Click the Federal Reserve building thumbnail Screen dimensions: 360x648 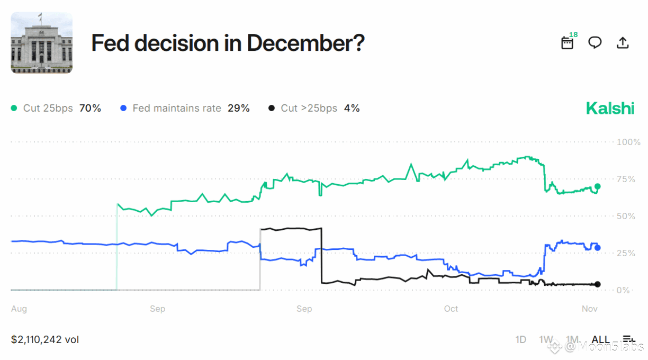(x=41, y=43)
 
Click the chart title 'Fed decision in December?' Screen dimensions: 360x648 (x=228, y=43)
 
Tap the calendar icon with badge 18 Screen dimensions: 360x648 (x=567, y=43)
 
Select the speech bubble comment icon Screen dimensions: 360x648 (x=595, y=43)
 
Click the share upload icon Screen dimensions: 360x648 (x=623, y=43)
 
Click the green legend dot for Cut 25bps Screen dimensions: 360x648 (x=14, y=109)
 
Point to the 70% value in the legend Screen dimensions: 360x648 (x=90, y=109)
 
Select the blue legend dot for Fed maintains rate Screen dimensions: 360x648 (x=123, y=109)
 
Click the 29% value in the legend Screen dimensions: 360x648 (x=239, y=109)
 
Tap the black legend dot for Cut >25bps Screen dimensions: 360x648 (x=272, y=109)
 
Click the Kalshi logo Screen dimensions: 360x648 (x=610, y=109)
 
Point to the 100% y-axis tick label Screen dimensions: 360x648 (x=629, y=142)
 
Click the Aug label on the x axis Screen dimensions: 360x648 (x=19, y=309)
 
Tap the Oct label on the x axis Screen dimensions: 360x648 (x=451, y=309)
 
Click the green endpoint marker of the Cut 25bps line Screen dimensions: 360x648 (x=598, y=186)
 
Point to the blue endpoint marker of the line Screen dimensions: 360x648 (x=598, y=248)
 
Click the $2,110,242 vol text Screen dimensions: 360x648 (x=45, y=339)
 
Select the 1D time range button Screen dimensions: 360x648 (x=521, y=339)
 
